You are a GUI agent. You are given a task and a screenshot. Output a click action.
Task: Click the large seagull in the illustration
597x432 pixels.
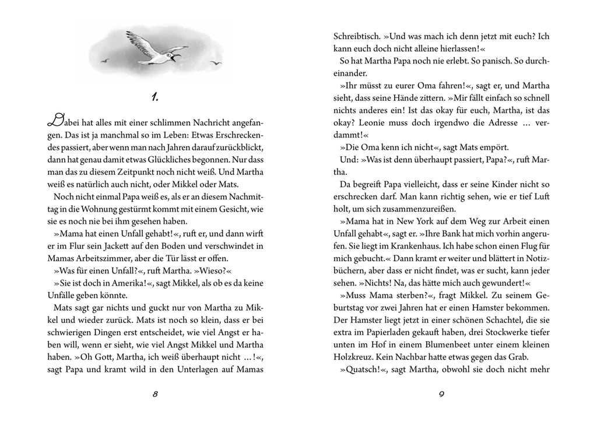pyautogui.click(x=154, y=50)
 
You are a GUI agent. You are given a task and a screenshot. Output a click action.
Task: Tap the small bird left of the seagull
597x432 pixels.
pyautogui.click(x=105, y=59)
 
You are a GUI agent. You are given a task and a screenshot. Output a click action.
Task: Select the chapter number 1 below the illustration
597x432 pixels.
pyautogui.click(x=154, y=97)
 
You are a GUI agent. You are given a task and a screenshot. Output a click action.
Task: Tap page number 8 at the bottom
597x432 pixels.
pyautogui.click(x=155, y=394)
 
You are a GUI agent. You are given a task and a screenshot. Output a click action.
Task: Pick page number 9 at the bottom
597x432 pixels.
pyautogui.click(x=441, y=394)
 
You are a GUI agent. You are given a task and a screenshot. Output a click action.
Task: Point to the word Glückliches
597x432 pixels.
pyautogui.click(x=180, y=159)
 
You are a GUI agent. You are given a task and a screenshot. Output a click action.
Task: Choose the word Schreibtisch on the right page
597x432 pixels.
pyautogui.click(x=356, y=36)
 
